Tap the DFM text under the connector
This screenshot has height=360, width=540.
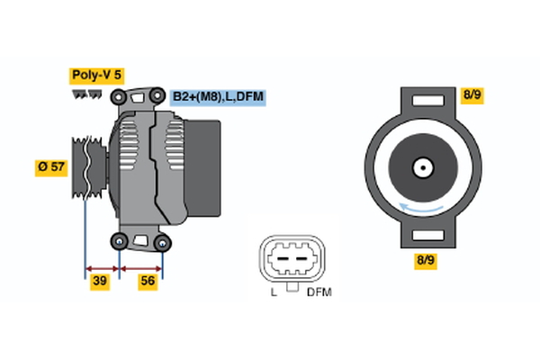pos(318,293)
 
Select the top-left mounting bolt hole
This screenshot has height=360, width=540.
pos(118,96)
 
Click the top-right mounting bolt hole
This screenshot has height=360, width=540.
pos(158,96)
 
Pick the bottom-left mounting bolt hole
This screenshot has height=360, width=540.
pos(120,240)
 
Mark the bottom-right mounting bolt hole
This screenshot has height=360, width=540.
pos(162,241)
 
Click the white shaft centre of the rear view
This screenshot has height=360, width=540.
pos(420,167)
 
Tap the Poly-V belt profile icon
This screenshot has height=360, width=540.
pos(88,95)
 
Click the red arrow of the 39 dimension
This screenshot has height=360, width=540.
pos(102,267)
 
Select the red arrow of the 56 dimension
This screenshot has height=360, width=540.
pos(141,267)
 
